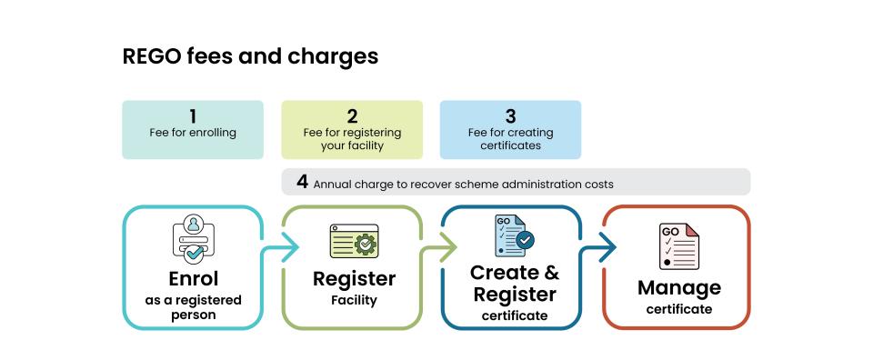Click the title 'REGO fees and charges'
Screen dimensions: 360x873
click(250, 56)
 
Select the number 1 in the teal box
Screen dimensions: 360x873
click(193, 116)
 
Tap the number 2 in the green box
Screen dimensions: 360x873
click(352, 116)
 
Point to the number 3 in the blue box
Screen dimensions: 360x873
click(510, 116)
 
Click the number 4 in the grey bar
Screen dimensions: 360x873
click(302, 182)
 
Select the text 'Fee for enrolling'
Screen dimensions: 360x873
click(193, 133)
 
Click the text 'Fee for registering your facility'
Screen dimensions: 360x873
click(352, 139)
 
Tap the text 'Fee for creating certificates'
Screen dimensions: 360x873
click(510, 139)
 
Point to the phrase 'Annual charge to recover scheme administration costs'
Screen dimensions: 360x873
click(463, 184)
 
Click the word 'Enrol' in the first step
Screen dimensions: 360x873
click(193, 278)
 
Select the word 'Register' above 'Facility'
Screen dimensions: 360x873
click(354, 278)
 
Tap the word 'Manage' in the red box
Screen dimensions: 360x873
click(678, 288)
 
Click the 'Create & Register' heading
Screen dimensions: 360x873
click(514, 283)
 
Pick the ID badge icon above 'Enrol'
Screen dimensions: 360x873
click(193, 238)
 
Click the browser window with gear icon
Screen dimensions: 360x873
click(353, 244)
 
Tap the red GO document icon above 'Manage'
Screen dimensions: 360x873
click(678, 246)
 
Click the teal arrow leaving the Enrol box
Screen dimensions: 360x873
click(284, 246)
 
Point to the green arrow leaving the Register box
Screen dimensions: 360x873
click(444, 246)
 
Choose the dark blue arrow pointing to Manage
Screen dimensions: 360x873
click(602, 246)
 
